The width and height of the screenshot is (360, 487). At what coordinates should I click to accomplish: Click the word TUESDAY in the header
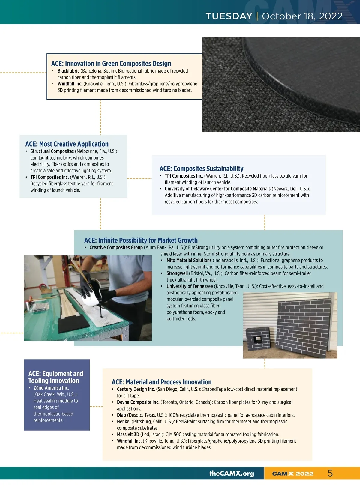(x=229, y=16)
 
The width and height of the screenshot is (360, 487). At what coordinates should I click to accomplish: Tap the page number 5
(x=330, y=473)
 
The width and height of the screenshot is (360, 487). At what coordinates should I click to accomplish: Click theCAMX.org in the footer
(x=232, y=473)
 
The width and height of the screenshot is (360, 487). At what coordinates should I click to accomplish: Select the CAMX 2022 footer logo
(x=293, y=474)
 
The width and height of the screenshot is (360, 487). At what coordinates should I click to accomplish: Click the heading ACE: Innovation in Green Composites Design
(x=111, y=64)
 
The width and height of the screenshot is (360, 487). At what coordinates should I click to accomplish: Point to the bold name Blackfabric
(x=68, y=71)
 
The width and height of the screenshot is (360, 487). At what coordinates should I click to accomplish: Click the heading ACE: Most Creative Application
(x=67, y=144)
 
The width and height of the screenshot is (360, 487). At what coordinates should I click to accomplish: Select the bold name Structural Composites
(x=52, y=151)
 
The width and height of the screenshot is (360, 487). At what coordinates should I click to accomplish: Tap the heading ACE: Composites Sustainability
(x=201, y=169)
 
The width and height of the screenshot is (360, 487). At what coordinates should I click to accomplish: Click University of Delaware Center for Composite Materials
(x=218, y=189)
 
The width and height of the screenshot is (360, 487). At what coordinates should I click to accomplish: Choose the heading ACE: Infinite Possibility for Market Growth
(x=141, y=240)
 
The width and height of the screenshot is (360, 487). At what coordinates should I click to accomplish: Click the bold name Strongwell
(x=177, y=273)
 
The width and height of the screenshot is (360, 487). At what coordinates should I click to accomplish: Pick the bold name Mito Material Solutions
(x=189, y=260)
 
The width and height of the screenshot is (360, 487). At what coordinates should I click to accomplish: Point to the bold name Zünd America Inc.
(x=51, y=388)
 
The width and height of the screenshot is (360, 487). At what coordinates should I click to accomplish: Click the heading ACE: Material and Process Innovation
(x=162, y=382)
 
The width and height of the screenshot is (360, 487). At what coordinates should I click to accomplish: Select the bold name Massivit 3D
(x=128, y=435)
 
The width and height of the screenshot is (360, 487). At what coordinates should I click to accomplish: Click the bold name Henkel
(x=124, y=422)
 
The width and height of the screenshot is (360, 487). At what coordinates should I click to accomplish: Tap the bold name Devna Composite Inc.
(x=138, y=402)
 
